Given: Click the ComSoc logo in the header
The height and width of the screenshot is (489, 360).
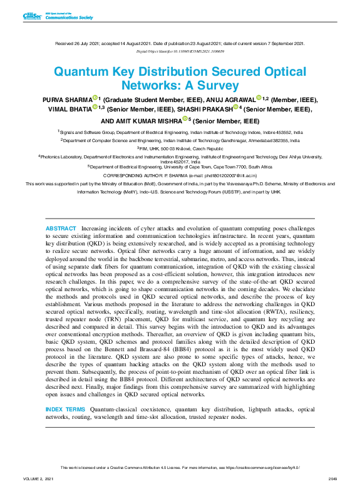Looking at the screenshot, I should [x=31, y=16].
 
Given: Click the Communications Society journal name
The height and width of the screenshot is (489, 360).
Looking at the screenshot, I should [x=69, y=18].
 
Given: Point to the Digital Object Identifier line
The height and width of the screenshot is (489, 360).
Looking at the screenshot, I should [x=180, y=51].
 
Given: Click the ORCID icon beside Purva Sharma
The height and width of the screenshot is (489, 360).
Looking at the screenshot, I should [x=95, y=98].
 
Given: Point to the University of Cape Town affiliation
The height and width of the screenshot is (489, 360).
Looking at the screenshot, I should [x=180, y=167].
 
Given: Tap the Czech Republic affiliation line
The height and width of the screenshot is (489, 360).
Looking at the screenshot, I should [x=180, y=148].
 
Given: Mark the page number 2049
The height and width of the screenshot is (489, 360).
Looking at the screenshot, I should [x=332, y=479].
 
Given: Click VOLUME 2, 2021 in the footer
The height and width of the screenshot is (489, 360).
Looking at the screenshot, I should [x=38, y=479].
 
